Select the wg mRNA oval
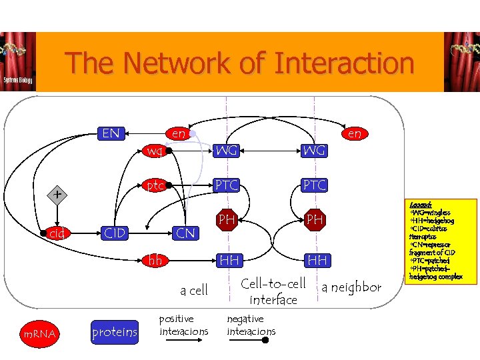155,151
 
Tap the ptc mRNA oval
155,185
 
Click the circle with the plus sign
59,195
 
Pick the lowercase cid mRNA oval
58,233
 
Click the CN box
185,233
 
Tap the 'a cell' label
194,290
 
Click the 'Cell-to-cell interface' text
273,292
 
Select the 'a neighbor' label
351,287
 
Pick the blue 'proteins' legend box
115,332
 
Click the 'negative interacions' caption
251,325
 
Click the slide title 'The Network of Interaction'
239,63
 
